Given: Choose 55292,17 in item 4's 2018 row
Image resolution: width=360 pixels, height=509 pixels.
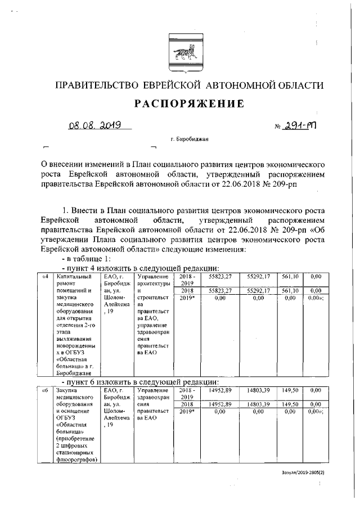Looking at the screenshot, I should coord(259,290).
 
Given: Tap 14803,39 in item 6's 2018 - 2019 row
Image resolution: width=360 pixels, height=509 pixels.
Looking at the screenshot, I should coord(259,390).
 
